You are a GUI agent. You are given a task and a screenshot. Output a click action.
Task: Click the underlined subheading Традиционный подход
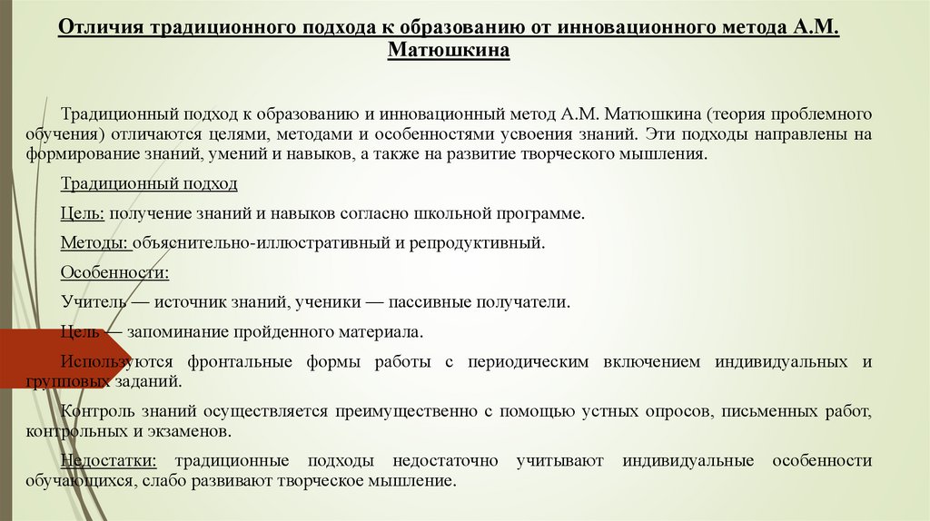pos(149,183)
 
